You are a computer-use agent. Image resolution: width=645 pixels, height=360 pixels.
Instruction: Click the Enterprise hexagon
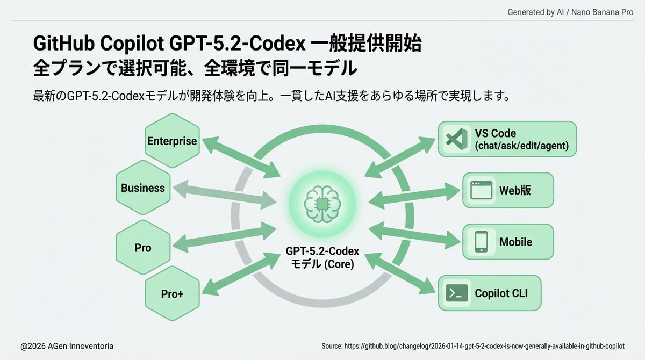click(172, 141)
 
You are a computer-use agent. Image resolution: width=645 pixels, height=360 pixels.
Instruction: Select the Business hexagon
click(143, 188)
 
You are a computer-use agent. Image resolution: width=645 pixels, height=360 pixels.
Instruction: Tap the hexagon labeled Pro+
click(173, 293)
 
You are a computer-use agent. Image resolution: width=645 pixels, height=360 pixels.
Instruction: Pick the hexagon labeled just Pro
click(143, 248)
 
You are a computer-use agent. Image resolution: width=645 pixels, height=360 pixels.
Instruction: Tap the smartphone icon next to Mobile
click(481, 242)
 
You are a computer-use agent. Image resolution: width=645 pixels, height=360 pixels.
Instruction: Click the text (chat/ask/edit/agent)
click(521, 146)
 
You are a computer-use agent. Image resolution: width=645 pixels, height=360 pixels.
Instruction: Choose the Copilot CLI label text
click(508, 294)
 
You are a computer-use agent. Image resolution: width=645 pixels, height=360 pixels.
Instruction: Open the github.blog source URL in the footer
click(473, 346)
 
